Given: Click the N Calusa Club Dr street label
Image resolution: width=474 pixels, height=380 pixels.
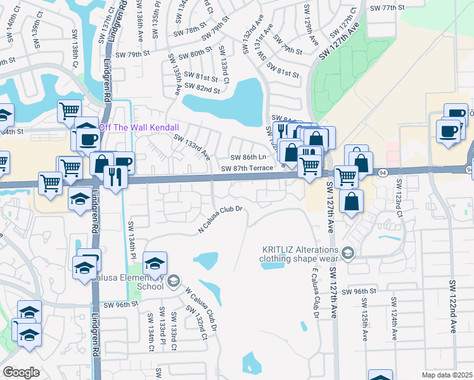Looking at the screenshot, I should [221, 219].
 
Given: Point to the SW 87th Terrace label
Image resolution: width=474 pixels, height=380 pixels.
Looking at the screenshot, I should [247, 168].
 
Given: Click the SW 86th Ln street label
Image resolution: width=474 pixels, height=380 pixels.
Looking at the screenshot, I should [247, 157].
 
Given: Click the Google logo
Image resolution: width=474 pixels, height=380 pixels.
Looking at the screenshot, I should [20, 372].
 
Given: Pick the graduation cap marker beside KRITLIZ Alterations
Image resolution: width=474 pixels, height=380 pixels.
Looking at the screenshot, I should [347, 254].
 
